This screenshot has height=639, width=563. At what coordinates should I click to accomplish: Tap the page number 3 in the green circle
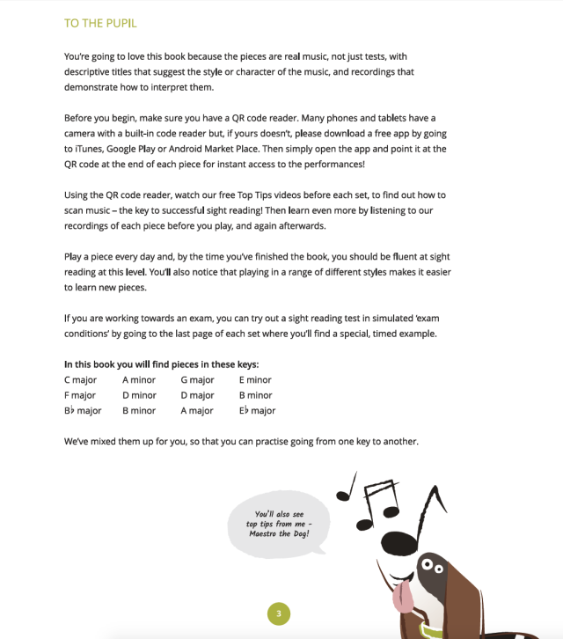point(278,613)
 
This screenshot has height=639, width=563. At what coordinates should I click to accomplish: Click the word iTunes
point(87,149)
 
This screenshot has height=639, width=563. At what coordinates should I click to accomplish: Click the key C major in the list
point(83,380)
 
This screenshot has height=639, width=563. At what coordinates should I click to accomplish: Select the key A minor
point(139,380)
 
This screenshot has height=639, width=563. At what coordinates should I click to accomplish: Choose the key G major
point(197,380)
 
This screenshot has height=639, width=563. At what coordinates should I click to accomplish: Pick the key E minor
point(255,380)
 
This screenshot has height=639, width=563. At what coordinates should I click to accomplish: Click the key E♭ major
point(257,410)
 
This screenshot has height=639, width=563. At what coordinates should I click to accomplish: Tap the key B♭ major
point(83,410)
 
